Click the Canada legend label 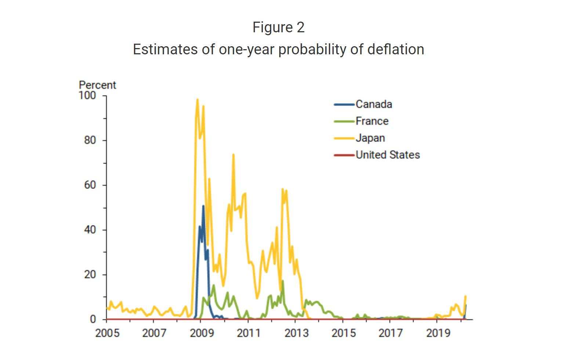pos(373,105)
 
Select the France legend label pos(371,121)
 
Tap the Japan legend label pos(370,138)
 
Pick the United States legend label pos(387,155)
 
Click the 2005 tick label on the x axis pos(107,333)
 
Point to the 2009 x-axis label pos(202,333)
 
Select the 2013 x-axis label pos(296,333)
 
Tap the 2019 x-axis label pos(438,333)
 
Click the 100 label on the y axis pos(87,95)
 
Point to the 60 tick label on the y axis pos(90,185)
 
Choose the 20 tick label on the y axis pos(90,274)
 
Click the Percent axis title pos(97,85)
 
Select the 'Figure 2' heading pos(278,27)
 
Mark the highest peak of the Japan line pos(197,99)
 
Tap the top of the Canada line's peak pos(203,206)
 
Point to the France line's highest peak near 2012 pos(282,281)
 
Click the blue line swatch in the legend pos(344,105)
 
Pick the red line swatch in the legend pos(344,155)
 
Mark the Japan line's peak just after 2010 pos(233,155)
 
